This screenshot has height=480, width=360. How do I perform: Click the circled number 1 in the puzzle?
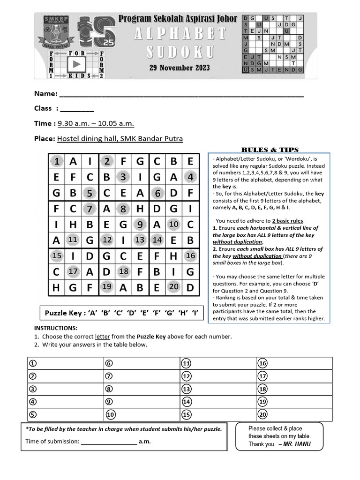pos(57,162)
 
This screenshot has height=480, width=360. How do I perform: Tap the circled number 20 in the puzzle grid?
pos(173,287)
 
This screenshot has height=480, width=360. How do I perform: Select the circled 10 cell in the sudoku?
pos(173,225)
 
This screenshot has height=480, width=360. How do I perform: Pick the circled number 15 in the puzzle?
pos(57,256)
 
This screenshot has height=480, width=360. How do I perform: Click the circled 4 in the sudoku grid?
pos(190,178)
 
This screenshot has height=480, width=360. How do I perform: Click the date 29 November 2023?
pos(180,67)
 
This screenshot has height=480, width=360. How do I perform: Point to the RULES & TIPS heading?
pos(270,150)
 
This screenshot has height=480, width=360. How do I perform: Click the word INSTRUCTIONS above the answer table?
pos(56,328)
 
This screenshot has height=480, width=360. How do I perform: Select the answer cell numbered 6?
pos(141,363)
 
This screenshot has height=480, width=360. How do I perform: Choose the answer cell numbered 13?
pos(217,389)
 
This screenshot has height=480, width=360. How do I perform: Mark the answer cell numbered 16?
pos(294,363)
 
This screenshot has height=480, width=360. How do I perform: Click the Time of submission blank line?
pos(109,442)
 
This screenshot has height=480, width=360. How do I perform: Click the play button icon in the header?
pos(77,64)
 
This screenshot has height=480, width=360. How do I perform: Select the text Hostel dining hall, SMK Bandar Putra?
pos(120,138)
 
